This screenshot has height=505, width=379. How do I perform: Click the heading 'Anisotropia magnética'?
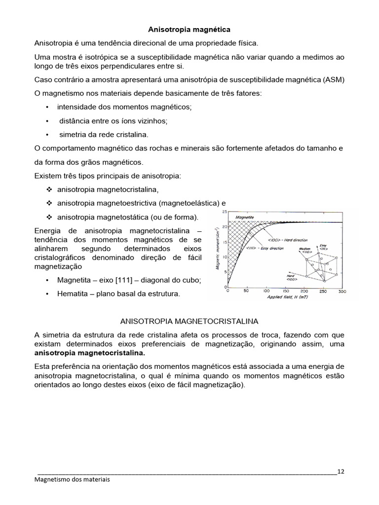click(x=189, y=30)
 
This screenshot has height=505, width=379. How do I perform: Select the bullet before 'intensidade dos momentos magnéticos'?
click(x=46, y=107)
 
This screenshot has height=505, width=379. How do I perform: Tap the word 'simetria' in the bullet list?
click(x=73, y=134)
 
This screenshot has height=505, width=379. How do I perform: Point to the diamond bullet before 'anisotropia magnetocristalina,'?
click(x=49, y=189)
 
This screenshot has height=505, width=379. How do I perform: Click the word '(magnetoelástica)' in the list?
click(x=187, y=203)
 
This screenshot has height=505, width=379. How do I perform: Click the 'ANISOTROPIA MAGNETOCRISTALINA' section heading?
click(x=189, y=321)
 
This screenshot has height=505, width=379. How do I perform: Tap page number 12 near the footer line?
click(x=341, y=471)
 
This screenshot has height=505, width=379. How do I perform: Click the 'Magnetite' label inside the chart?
click(x=245, y=216)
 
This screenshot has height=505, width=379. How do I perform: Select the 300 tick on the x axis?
click(x=341, y=291)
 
